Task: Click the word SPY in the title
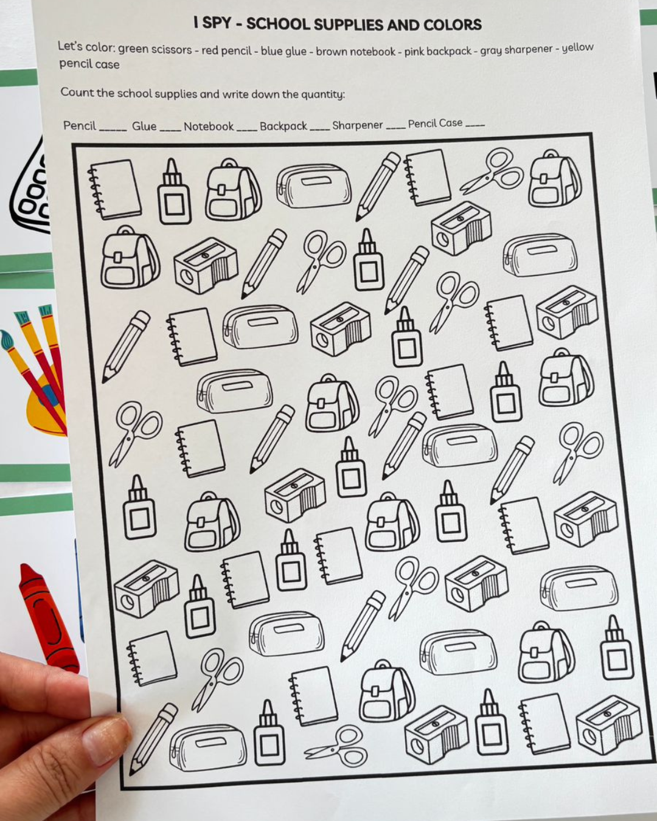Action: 217,23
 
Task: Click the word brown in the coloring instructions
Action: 331,51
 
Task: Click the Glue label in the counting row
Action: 144,126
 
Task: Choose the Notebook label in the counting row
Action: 209,126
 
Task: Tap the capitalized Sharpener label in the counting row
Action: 357,125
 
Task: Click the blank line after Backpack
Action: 319,130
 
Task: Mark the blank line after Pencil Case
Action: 475,125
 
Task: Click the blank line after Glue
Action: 170,130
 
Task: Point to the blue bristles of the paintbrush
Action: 7,339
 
